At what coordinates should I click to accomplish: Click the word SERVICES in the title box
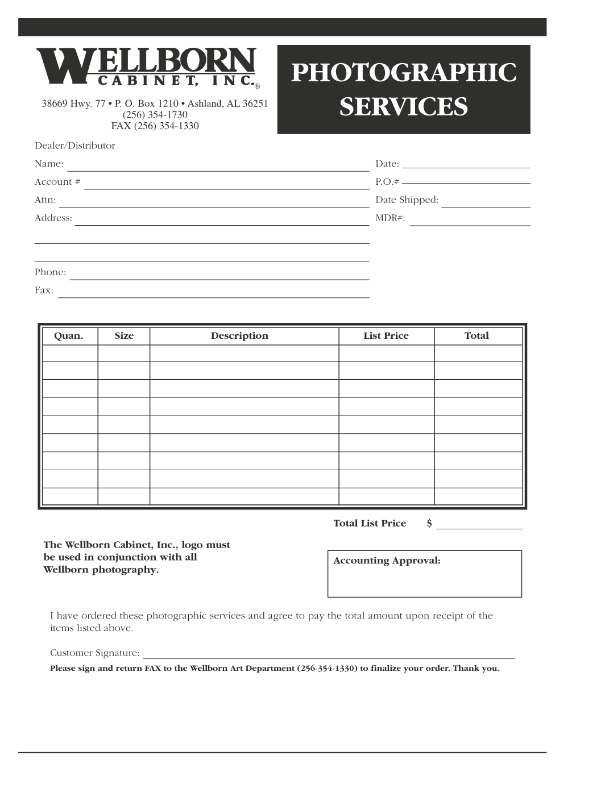click(404, 107)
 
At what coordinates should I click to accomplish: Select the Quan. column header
click(68, 336)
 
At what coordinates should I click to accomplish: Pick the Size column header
click(124, 336)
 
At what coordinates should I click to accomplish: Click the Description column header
click(239, 336)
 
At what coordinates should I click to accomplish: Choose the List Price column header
click(386, 336)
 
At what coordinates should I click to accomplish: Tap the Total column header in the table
click(477, 336)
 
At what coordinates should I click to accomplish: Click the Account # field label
click(57, 182)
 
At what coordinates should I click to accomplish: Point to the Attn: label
click(45, 200)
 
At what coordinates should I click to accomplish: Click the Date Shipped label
click(407, 200)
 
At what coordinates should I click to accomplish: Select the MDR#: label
click(390, 218)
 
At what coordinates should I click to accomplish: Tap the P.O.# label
click(387, 182)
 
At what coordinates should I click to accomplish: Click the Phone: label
click(50, 272)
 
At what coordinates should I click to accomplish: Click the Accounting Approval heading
click(387, 561)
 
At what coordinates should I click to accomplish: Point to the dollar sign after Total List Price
click(430, 524)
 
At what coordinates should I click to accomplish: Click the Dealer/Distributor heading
click(75, 146)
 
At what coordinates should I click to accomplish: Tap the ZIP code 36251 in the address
click(256, 104)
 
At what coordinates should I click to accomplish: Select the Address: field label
click(53, 218)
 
